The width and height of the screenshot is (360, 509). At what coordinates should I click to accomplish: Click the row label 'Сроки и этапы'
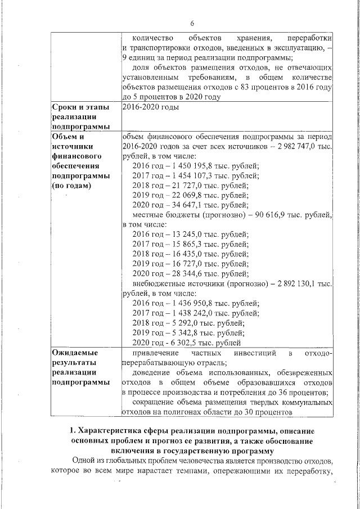click(x=78, y=107)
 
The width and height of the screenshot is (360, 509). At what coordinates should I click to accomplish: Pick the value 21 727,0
click(x=187, y=186)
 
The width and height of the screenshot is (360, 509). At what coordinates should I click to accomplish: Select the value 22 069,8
click(x=187, y=195)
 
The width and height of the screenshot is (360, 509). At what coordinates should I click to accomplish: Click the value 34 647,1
click(x=187, y=205)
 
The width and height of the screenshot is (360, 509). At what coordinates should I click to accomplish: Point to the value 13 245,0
click(x=187, y=235)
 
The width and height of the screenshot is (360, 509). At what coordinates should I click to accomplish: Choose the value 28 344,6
click(x=187, y=273)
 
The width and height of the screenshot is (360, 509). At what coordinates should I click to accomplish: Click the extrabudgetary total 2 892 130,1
click(x=297, y=283)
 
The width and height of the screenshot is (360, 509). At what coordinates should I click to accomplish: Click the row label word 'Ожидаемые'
click(x=75, y=353)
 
